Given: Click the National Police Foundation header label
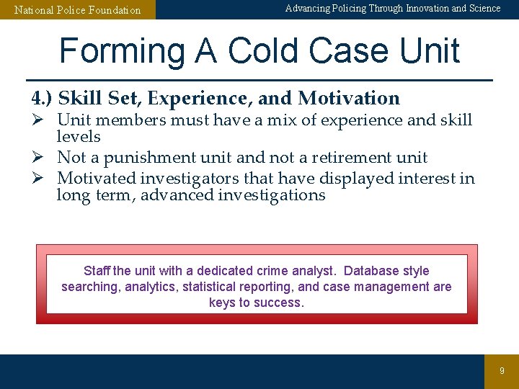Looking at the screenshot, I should [78, 10].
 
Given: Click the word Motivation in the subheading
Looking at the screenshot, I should [349, 98].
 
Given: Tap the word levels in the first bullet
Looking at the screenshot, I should [79, 137].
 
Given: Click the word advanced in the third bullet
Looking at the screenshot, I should [177, 195].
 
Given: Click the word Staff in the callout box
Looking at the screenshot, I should [97, 271].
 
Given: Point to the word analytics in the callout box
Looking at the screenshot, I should [151, 287].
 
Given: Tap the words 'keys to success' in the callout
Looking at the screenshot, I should [257, 303].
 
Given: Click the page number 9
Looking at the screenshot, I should [502, 371].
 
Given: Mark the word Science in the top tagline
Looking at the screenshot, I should [484, 9].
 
